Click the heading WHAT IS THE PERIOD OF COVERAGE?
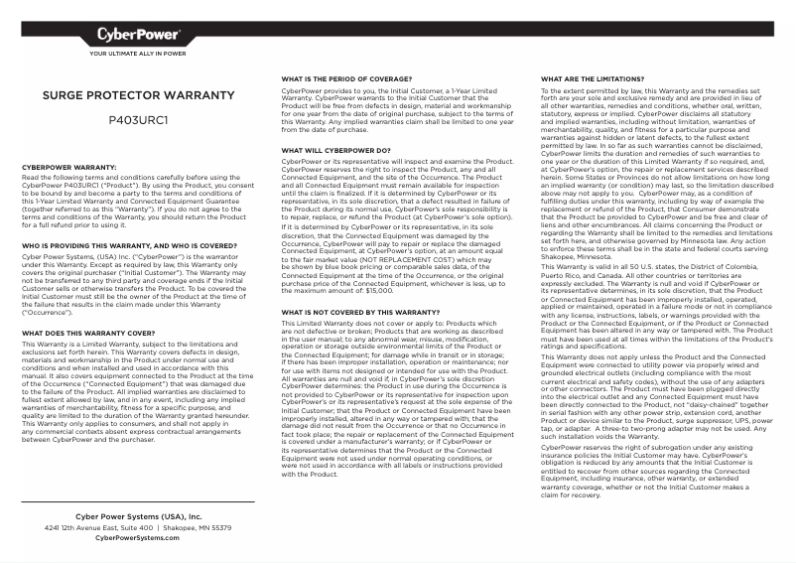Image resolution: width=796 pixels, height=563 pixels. click(346, 77)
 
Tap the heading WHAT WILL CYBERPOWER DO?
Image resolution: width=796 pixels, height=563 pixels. click(335, 150)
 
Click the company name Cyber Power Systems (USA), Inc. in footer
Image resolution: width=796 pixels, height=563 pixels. click(138, 517)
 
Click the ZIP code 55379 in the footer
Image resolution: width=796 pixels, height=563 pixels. click(220, 528)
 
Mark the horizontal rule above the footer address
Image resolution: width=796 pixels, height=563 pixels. click(138, 503)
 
